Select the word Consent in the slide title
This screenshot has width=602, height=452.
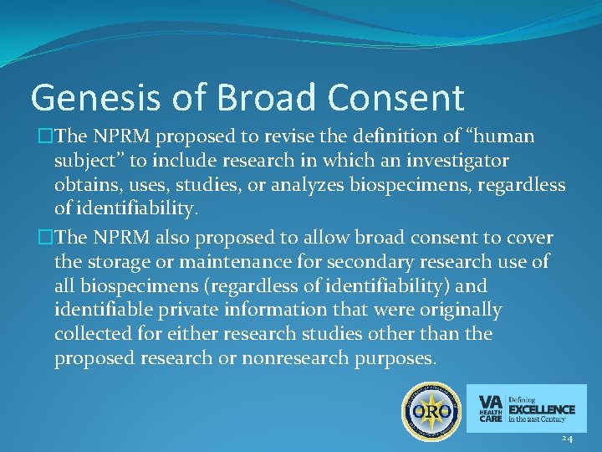pyautogui.click(x=396, y=97)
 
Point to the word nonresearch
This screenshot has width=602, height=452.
pyautogui.click(x=309, y=357)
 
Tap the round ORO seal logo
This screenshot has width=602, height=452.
pyautogui.click(x=431, y=411)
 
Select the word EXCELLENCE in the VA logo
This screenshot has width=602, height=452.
pyautogui.click(x=542, y=409)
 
